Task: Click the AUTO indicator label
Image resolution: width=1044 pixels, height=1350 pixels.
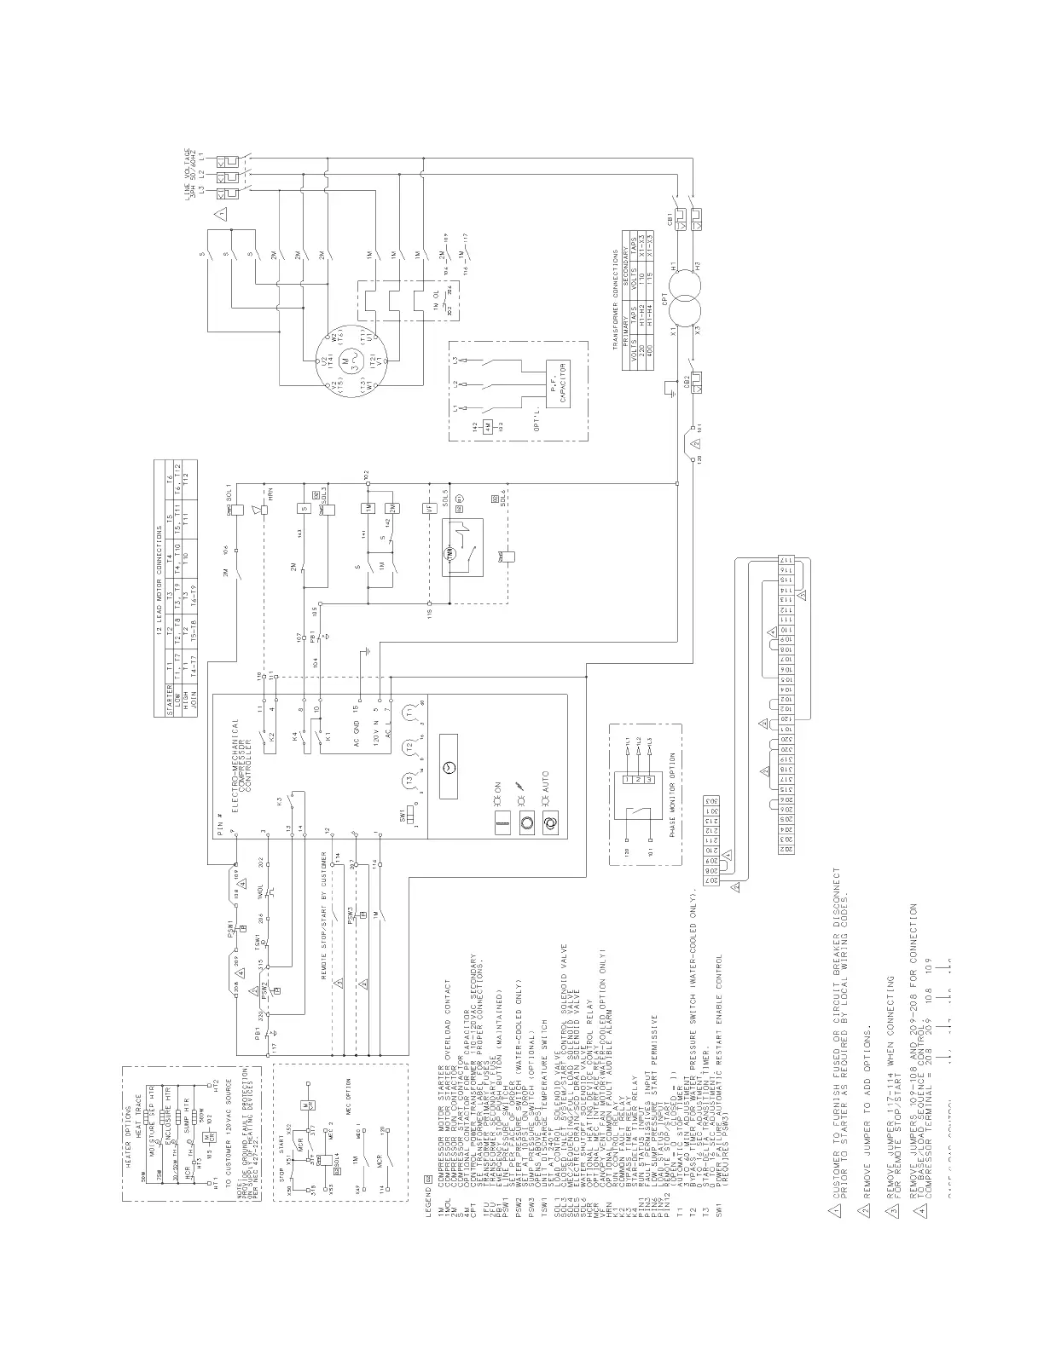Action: click(x=547, y=780)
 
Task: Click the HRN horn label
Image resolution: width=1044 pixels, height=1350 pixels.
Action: click(x=268, y=498)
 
